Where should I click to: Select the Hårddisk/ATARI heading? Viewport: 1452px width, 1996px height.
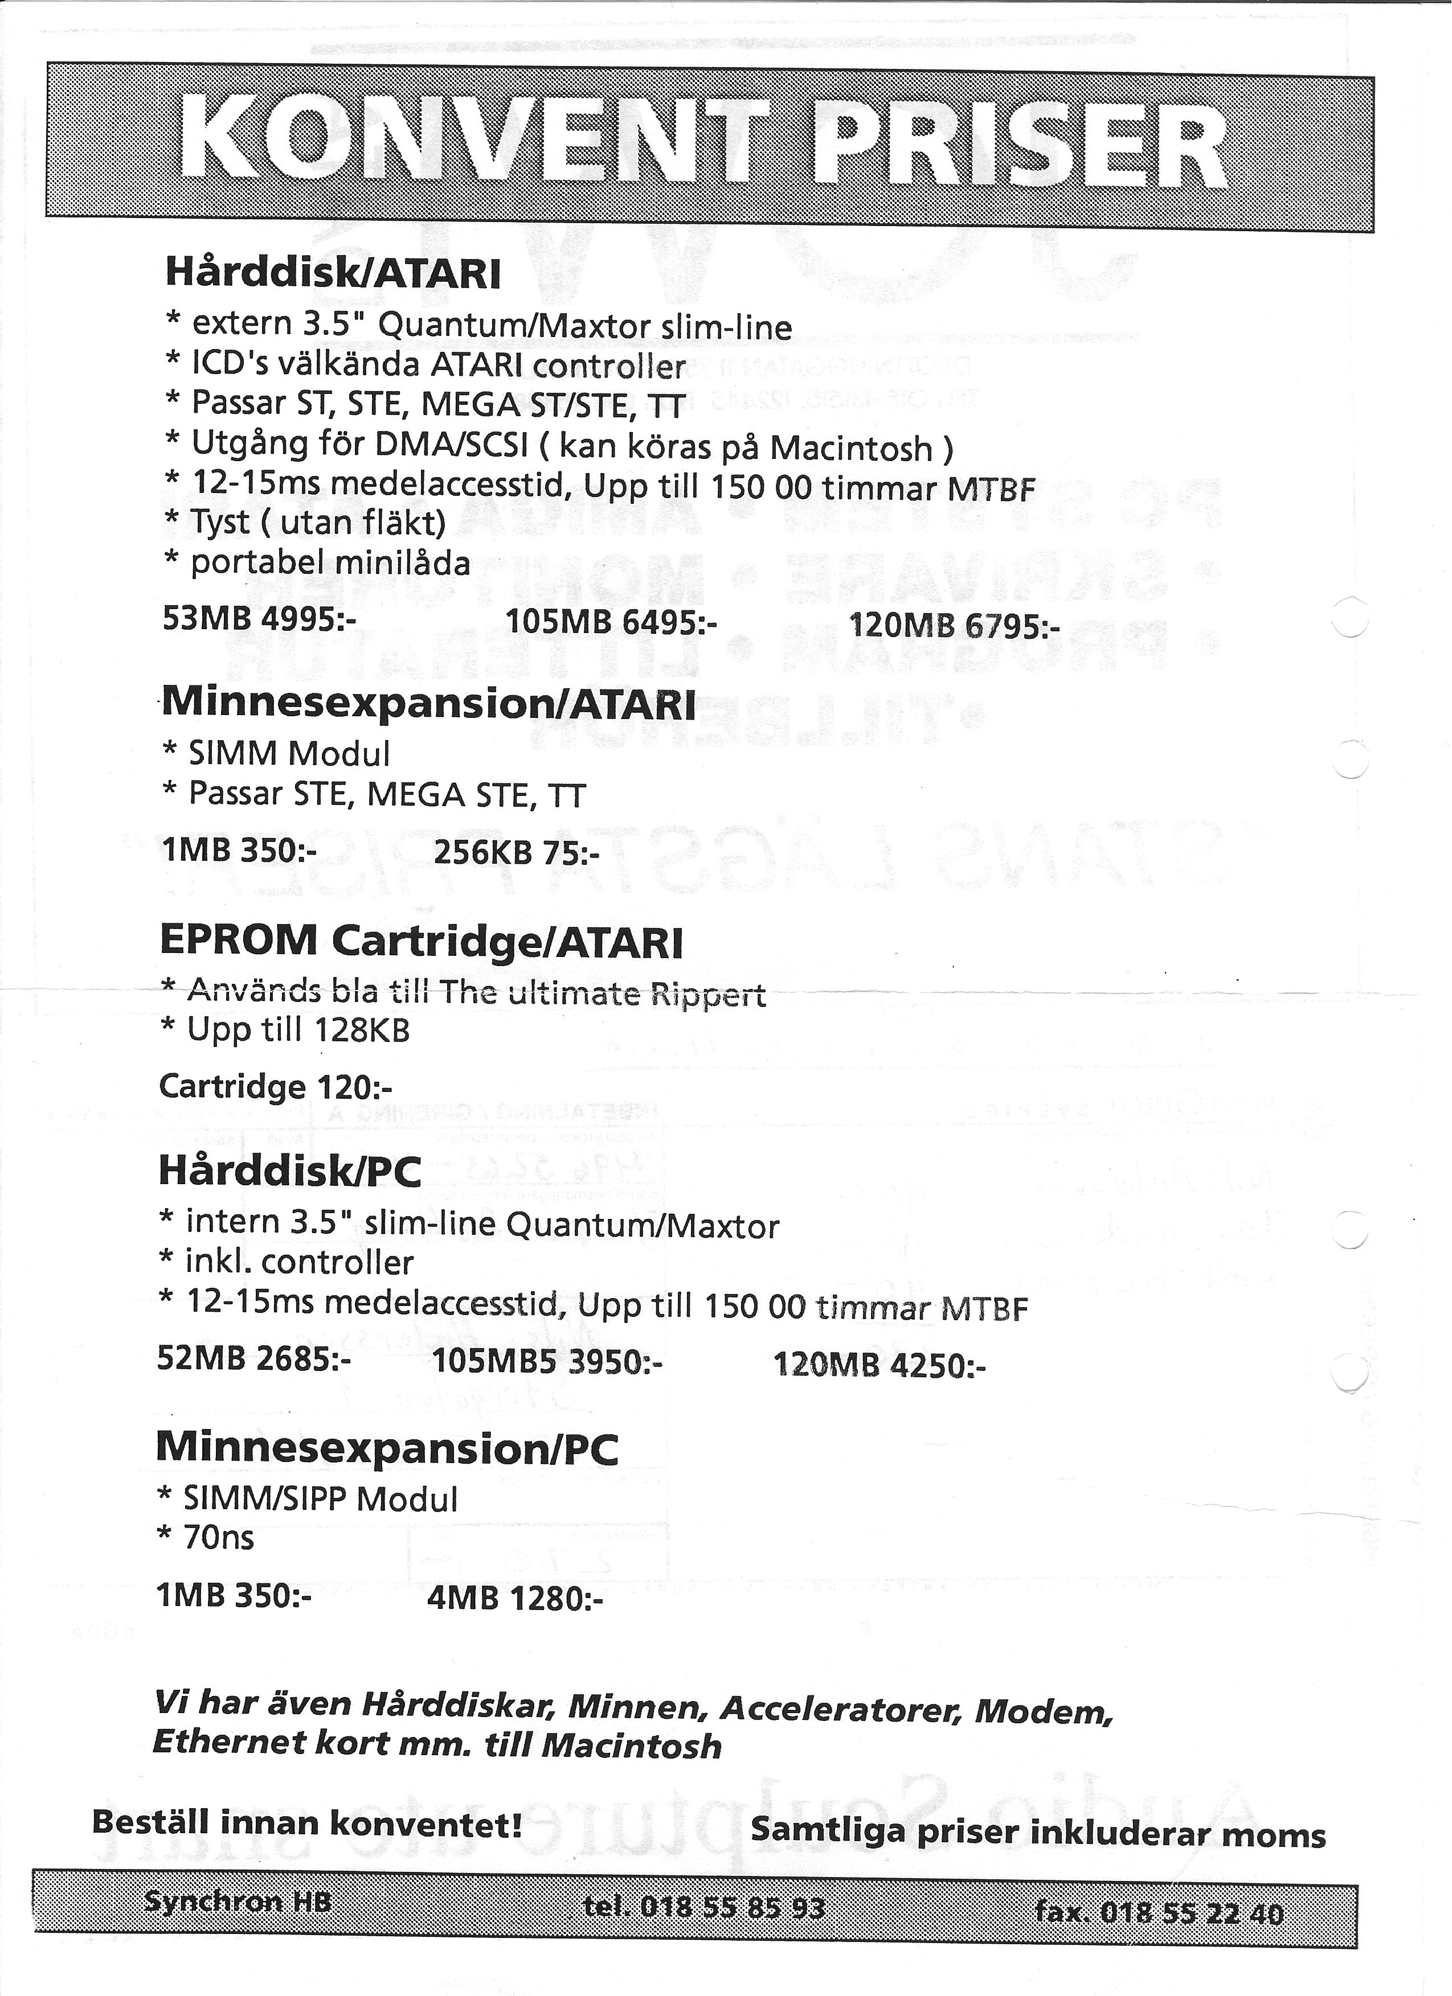coord(333,274)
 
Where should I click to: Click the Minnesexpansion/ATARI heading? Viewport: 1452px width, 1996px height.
coord(428,703)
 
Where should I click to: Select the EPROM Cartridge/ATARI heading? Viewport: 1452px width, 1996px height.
coord(421,942)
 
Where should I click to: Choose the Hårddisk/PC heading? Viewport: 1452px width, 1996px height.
coord(290,1171)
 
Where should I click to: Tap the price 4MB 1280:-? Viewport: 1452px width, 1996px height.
coord(514,1597)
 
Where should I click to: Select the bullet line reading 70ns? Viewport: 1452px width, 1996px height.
coord(218,1537)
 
